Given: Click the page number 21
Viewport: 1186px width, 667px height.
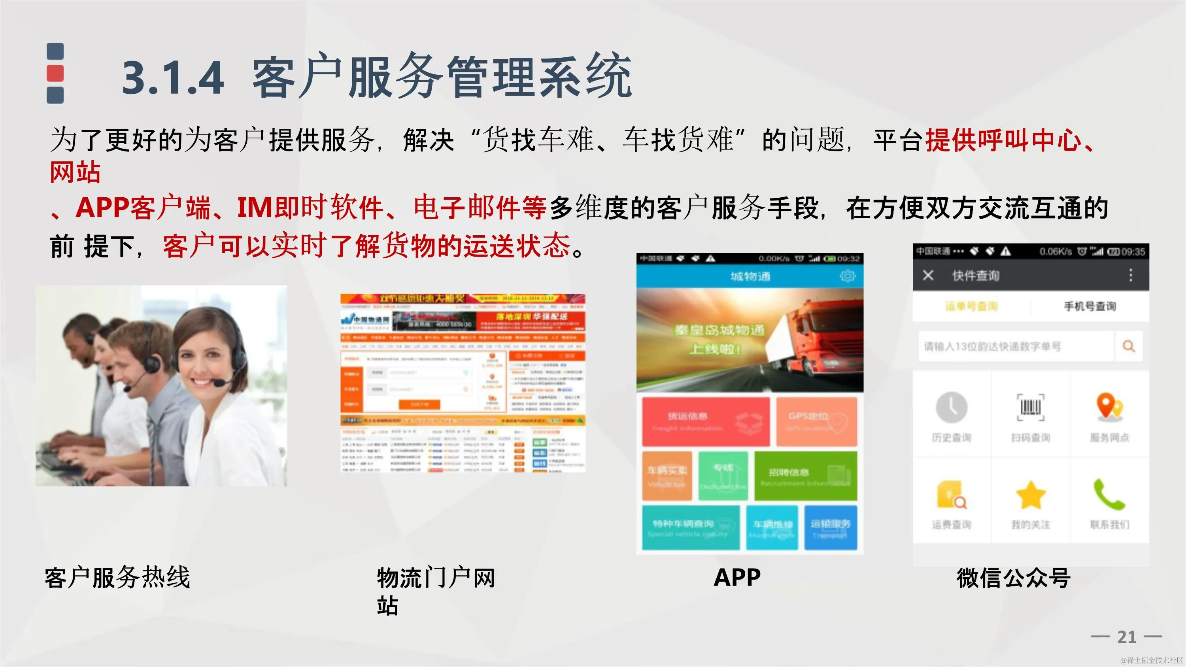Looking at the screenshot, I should click(x=1127, y=637).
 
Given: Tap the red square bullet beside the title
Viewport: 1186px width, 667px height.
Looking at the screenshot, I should click(x=55, y=73).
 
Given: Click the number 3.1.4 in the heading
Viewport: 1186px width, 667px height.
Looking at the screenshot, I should click(x=173, y=77).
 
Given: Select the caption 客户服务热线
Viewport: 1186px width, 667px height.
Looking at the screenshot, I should click(x=117, y=577).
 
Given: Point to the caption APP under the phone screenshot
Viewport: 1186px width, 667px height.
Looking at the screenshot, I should click(x=737, y=577).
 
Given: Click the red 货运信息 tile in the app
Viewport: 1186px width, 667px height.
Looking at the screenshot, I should click(x=705, y=421).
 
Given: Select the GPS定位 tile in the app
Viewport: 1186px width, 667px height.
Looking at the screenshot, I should click(x=816, y=421).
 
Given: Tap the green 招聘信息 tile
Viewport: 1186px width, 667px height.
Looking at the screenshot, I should click(x=805, y=476).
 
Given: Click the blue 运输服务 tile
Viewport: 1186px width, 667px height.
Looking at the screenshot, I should click(x=830, y=527).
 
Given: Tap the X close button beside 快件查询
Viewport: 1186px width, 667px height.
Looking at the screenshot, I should click(x=928, y=275).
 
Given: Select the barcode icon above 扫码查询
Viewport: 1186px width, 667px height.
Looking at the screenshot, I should click(x=1030, y=407).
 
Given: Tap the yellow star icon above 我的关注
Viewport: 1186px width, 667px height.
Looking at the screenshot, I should click(x=1030, y=495).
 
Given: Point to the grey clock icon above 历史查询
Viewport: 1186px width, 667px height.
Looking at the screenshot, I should click(x=951, y=407).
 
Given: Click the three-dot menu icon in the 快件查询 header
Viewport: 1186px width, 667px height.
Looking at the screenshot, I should click(x=1130, y=275).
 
